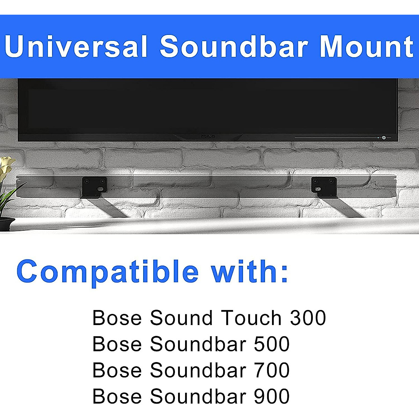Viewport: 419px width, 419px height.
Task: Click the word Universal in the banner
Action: [x=76, y=47]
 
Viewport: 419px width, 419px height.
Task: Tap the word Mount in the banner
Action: [x=367, y=47]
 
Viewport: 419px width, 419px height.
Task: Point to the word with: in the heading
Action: [x=250, y=271]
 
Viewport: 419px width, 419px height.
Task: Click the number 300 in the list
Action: [x=308, y=318]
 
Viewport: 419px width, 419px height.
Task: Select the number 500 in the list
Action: [x=272, y=344]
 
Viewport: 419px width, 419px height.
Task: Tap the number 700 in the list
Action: [x=272, y=370]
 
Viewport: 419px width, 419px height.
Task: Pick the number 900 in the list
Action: [x=272, y=396]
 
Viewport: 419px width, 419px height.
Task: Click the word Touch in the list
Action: [x=251, y=318]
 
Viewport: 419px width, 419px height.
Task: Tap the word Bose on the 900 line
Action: [x=117, y=396]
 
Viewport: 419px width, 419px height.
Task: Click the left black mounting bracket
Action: [x=94, y=187]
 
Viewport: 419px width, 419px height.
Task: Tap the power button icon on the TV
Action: [x=384, y=138]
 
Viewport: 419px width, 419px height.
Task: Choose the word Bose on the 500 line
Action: [x=117, y=344]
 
